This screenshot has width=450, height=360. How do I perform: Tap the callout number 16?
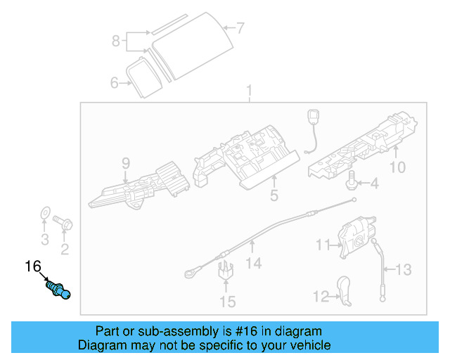point(33,266)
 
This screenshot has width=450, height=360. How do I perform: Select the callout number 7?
point(240,28)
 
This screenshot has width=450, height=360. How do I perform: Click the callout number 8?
point(116,41)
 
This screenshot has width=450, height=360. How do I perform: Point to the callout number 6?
point(115,83)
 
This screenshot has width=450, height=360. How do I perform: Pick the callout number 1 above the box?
point(248,91)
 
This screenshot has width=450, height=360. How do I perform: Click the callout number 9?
point(126,164)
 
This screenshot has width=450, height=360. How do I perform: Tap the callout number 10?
point(398,167)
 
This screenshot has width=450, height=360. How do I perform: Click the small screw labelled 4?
point(350,182)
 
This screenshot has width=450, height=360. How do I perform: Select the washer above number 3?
point(43,212)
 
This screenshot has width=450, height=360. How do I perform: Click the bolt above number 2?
point(66,224)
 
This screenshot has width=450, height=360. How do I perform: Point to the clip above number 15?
point(226,270)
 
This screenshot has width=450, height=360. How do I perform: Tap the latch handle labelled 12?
point(346,290)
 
